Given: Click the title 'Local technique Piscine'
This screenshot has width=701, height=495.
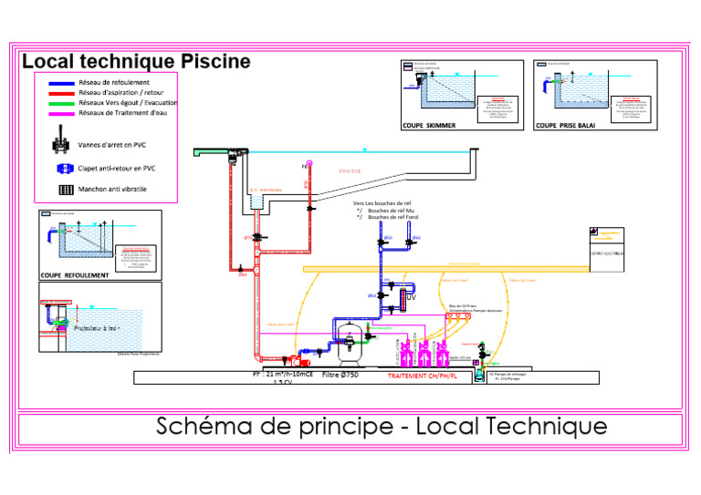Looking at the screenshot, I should tap(136, 62).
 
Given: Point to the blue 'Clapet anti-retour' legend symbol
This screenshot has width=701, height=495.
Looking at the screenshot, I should tap(64, 168).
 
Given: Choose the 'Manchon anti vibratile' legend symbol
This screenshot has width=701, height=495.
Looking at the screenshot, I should tap(65, 190).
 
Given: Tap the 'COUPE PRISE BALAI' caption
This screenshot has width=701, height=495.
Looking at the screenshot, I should tap(565, 126).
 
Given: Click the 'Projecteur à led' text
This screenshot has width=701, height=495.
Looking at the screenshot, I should tap(98, 327).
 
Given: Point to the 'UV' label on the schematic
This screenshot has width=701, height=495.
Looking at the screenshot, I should tap(411, 298).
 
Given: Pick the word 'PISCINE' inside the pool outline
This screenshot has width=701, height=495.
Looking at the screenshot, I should tap(350, 170).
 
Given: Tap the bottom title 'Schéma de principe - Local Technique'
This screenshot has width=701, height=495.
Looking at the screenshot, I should tap(381, 426).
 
